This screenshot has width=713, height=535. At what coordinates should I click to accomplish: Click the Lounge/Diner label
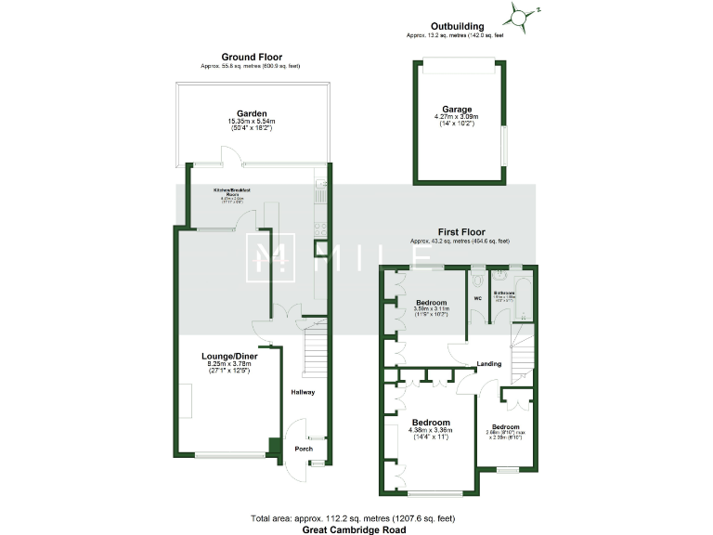[x=228, y=356]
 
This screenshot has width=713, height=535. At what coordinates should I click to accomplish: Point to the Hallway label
[x=303, y=392]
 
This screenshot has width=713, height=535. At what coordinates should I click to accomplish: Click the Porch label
[x=304, y=449]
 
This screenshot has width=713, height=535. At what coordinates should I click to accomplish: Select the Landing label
[x=489, y=363]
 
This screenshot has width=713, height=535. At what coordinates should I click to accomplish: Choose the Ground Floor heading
[x=251, y=57]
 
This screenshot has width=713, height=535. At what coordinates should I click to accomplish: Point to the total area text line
[x=353, y=517]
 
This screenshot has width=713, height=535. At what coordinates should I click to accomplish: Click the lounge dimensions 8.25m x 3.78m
[x=228, y=364]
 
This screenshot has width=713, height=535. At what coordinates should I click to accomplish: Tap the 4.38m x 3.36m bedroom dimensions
[x=431, y=429]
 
